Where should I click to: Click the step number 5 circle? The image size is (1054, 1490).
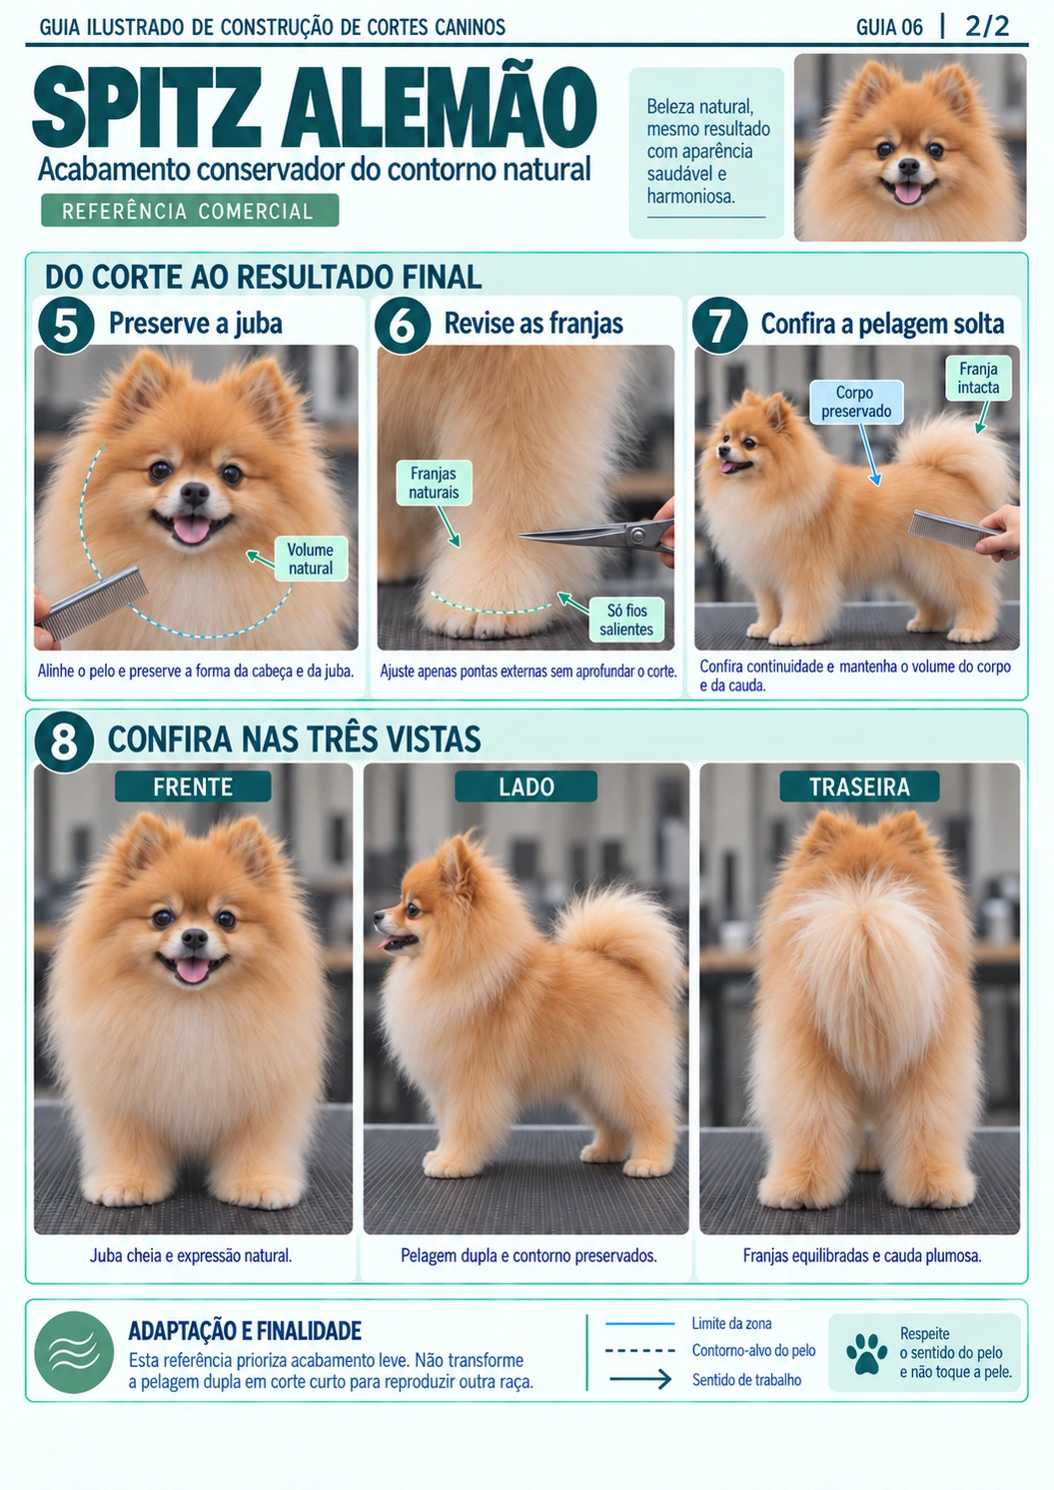tap(65, 325)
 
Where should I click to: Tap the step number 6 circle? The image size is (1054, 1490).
tap(402, 325)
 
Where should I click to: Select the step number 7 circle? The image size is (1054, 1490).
tap(719, 325)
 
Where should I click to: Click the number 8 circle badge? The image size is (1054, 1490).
tap(64, 742)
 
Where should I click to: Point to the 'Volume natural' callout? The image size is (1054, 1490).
tap(311, 559)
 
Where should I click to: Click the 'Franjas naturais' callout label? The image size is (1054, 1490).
tap(434, 483)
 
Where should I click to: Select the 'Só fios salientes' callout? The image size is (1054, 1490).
tap(626, 620)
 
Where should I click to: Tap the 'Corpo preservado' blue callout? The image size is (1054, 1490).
tap(856, 402)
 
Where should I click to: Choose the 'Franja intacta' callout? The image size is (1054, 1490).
tap(978, 378)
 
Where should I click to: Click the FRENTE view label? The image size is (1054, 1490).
tap(193, 786)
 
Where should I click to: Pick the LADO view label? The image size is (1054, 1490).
tap(527, 786)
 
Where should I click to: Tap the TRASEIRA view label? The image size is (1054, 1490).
tap(859, 786)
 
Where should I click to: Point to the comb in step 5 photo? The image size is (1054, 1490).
tap(93, 602)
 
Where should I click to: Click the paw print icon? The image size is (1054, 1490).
tap(866, 1354)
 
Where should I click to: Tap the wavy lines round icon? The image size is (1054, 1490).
tap(74, 1353)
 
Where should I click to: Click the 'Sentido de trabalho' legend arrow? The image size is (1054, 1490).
tap(640, 1379)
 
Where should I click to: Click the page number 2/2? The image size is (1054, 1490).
tap(987, 27)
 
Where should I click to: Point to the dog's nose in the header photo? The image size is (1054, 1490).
tap(908, 166)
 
